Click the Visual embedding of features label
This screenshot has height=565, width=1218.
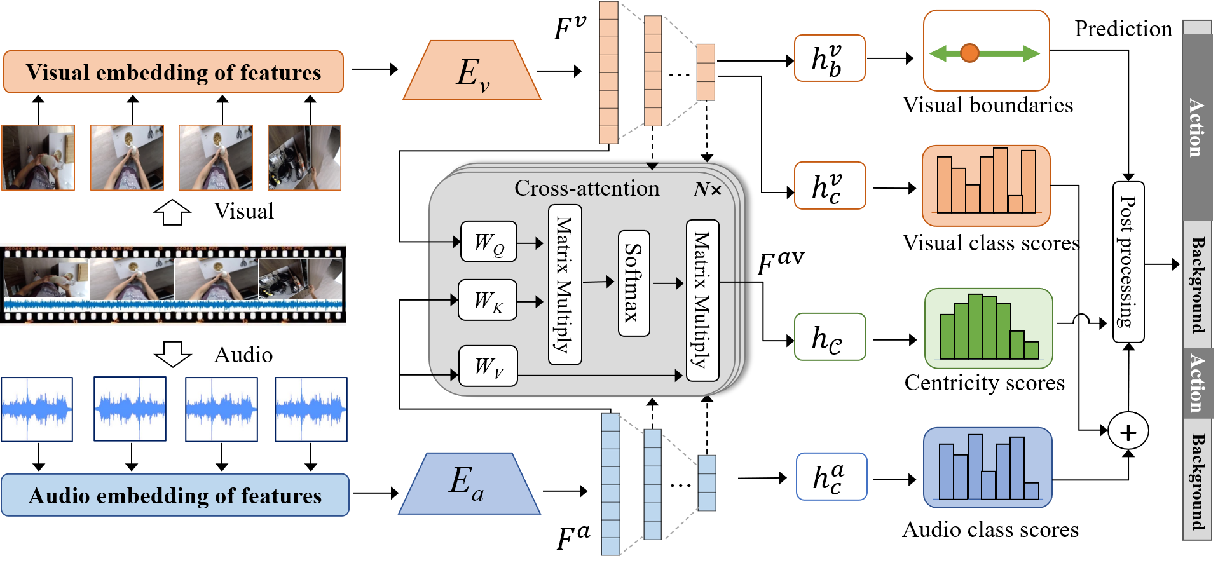[173, 72]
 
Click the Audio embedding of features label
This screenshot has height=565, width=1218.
[175, 495]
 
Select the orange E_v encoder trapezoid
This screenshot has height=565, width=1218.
[472, 71]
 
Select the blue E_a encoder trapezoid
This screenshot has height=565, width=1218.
[469, 484]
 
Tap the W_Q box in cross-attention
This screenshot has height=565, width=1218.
[488, 242]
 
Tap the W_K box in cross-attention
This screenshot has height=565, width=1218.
[487, 300]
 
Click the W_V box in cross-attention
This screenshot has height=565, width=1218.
[488, 366]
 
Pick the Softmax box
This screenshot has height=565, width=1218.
[633, 283]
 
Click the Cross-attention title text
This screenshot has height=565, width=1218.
[586, 188]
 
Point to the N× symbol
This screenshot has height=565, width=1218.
[707, 189]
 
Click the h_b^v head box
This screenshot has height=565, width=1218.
[829, 58]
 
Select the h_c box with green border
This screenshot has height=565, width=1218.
[829, 337]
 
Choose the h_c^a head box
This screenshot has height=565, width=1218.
[831, 477]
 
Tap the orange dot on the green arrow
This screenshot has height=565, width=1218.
[969, 53]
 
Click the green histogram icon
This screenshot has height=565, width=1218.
[988, 328]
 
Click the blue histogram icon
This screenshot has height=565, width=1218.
[987, 467]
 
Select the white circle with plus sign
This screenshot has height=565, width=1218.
[1128, 432]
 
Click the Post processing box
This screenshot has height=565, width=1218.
[1128, 262]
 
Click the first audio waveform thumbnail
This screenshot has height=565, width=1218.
[37, 409]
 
